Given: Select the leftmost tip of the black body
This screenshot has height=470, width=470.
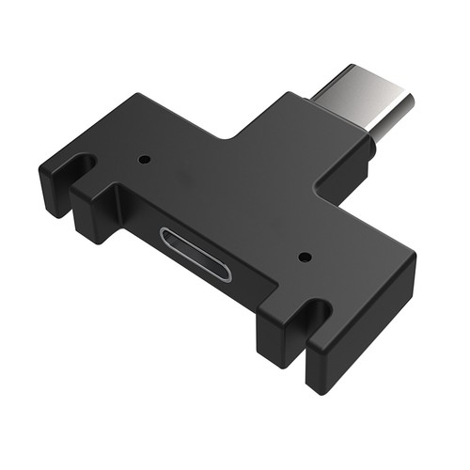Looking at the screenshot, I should click(x=39, y=174).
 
